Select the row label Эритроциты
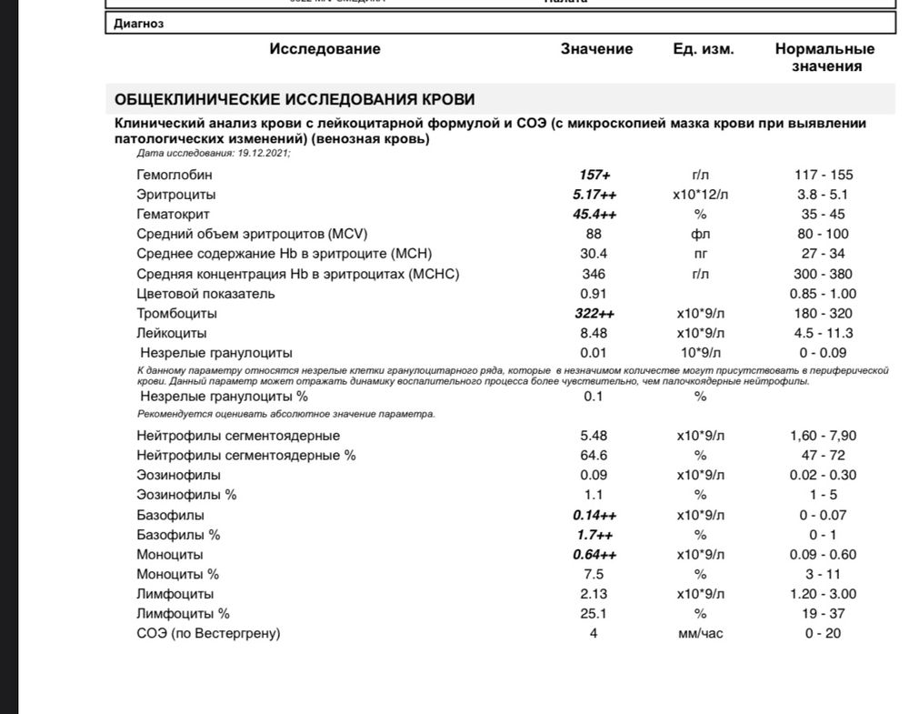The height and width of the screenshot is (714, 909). tap(176, 195)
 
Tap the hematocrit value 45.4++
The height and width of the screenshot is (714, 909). tap(594, 215)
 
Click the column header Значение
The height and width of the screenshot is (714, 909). tap(596, 49)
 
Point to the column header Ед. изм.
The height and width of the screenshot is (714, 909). tap(704, 49)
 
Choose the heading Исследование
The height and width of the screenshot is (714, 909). tap(325, 49)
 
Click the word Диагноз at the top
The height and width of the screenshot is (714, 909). tap(139, 25)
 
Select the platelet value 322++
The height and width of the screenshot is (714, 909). tap(594, 314)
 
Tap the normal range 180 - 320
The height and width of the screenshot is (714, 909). tap(823, 314)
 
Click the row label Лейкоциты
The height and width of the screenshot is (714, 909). tap(171, 334)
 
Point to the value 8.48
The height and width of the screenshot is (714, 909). tap(594, 334)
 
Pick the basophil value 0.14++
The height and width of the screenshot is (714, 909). tap(594, 515)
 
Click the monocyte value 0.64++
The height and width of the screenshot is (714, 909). tap(594, 555)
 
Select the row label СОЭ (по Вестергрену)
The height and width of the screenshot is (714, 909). tap(208, 634)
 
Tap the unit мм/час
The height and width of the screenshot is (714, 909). tap(700, 634)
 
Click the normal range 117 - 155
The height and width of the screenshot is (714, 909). tap(823, 175)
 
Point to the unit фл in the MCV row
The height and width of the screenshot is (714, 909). tap(700, 235)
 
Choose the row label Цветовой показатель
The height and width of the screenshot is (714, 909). tap(205, 294)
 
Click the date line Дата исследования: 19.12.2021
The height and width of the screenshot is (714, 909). tap(214, 153)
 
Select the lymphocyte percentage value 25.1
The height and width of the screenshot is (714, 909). tap(594, 614)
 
